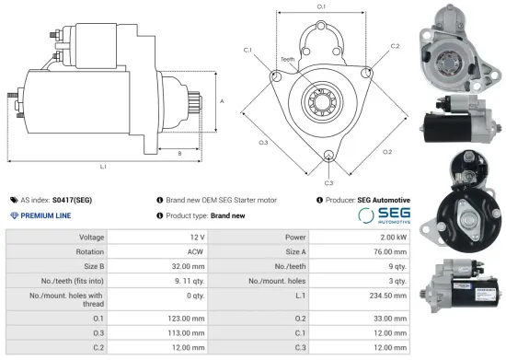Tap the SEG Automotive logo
pyautogui.click(x=382, y=215)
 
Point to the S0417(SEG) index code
pyautogui.click(x=72, y=199)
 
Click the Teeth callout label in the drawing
pyautogui.click(x=288, y=59)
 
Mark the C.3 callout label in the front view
pyautogui.click(x=328, y=168)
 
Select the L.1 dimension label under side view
pyautogui.click(x=103, y=167)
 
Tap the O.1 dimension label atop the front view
pyautogui.click(x=321, y=7)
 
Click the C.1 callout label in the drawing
pyautogui.click(x=248, y=49)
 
